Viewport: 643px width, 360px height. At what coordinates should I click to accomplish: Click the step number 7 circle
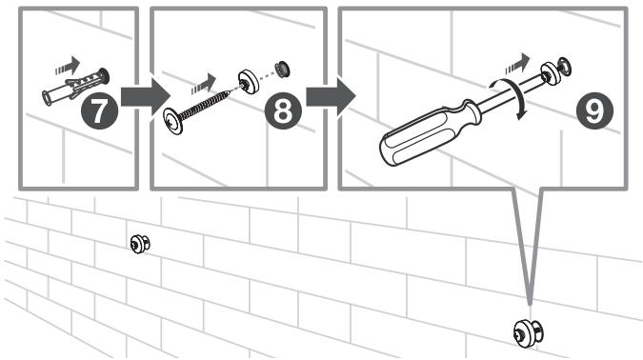point(100,110)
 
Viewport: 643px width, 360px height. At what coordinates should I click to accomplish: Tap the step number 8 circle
point(283,110)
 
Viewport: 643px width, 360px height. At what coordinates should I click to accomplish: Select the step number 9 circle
point(594,110)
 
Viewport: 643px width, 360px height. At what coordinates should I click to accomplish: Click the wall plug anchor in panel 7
point(76,87)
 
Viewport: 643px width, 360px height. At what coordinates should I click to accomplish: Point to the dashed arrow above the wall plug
point(68,66)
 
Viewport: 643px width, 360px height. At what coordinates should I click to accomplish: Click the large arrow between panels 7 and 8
point(146,97)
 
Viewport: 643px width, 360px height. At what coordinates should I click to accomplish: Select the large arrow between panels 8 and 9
point(332,97)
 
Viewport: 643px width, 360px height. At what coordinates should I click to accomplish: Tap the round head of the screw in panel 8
point(172,121)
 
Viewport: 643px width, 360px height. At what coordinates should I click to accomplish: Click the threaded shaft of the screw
point(204,107)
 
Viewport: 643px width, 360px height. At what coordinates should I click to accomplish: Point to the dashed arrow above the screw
point(204,84)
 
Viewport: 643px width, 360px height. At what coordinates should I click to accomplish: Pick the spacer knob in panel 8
point(249,82)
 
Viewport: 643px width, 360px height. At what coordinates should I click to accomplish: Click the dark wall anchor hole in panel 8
point(283,69)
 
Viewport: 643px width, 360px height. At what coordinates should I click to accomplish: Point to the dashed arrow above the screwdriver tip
point(517,64)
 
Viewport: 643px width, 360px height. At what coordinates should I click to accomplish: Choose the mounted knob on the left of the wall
point(140,244)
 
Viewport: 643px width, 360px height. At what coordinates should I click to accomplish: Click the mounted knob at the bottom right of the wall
point(528,333)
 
